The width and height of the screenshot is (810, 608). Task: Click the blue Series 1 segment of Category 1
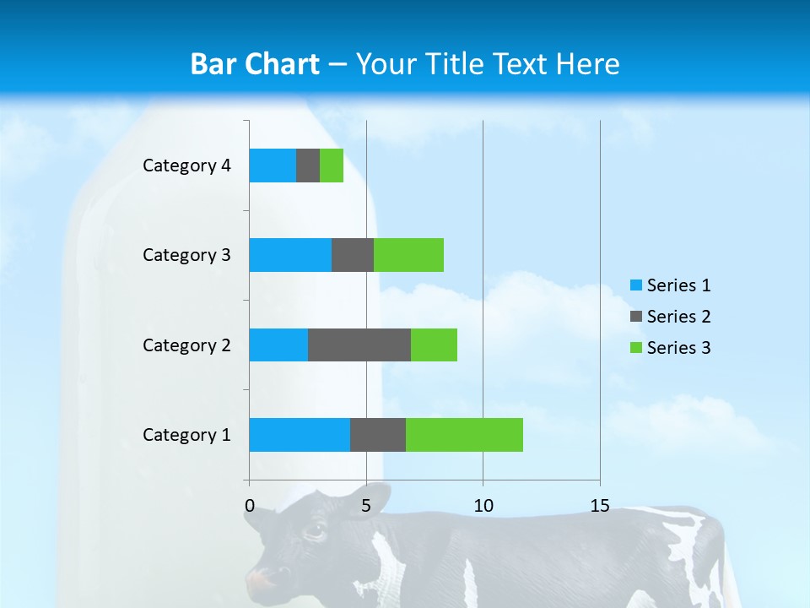pos(300,435)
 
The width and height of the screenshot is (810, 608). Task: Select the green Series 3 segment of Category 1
pos(464,435)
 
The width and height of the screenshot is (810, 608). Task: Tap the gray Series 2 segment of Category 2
pos(359,345)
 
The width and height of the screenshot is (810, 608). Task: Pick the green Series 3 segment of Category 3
pos(408,255)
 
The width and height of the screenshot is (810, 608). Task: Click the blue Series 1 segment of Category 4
pos(273,166)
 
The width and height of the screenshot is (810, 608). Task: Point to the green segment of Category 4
pos(332,166)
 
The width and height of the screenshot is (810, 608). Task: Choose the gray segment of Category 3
pos(353,255)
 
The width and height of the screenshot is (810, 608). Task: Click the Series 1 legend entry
pos(670,285)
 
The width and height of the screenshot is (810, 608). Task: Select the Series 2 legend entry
pos(670,317)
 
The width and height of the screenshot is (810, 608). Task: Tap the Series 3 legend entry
pos(670,348)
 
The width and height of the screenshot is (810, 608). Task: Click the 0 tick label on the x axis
pos(250,506)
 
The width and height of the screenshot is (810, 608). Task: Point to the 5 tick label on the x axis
pos(366,506)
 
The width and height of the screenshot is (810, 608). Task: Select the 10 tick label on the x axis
pos(483,506)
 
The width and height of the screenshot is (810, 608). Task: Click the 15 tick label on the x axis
pos(599,506)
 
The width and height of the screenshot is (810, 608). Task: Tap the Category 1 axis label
pos(186,435)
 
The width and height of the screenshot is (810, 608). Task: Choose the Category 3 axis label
pos(186,255)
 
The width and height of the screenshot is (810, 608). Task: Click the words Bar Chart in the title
pos(255,64)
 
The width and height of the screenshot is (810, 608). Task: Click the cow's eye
pos(315,532)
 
